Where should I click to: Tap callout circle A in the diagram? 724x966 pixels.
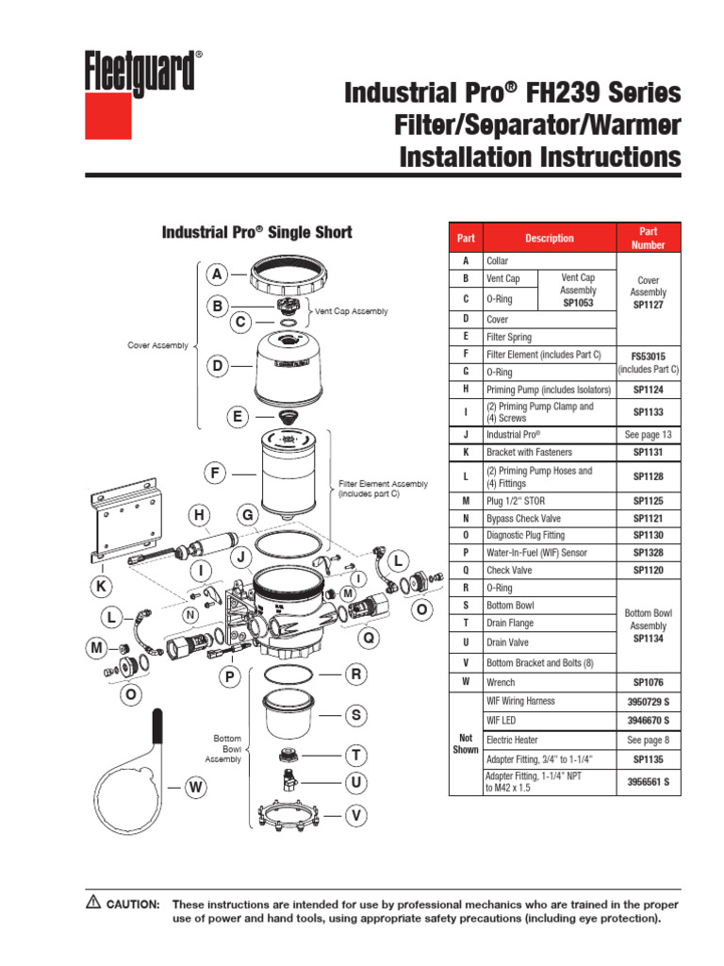click(x=217, y=275)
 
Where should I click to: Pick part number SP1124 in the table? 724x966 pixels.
click(x=646, y=390)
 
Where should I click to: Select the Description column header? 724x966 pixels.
click(x=549, y=238)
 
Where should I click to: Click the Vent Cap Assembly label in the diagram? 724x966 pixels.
click(x=351, y=310)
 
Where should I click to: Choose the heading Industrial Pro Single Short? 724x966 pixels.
click(x=257, y=232)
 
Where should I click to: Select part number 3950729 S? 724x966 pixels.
click(x=646, y=701)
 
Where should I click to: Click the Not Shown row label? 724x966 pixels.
click(x=465, y=745)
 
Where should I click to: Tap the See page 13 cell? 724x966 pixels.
click(x=646, y=435)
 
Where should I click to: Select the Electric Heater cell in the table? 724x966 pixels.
click(x=512, y=741)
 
